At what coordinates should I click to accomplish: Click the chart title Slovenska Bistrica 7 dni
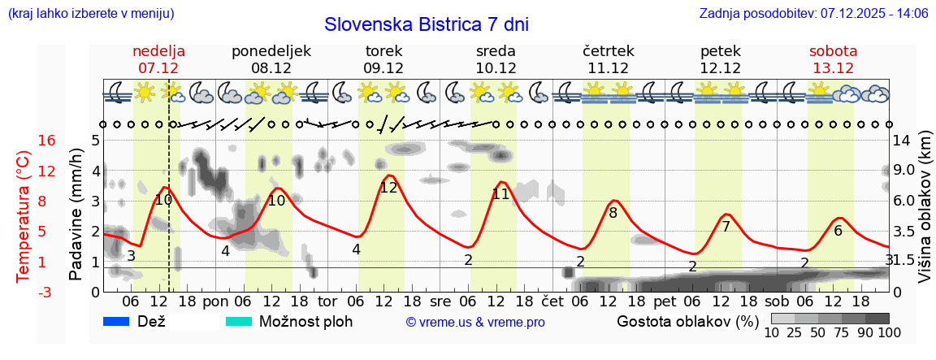pyautogui.click(x=426, y=24)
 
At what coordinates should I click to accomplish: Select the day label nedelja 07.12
pyautogui.click(x=158, y=59)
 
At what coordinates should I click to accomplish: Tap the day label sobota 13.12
pyautogui.click(x=833, y=59)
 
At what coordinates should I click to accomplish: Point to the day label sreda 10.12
pyautogui.click(x=496, y=59)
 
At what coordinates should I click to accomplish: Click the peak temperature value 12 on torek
pyautogui.click(x=388, y=188)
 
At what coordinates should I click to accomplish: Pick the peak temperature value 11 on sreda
pyautogui.click(x=500, y=194)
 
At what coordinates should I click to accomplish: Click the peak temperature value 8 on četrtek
pyautogui.click(x=613, y=214)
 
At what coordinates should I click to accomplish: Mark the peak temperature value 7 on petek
pyautogui.click(x=726, y=227)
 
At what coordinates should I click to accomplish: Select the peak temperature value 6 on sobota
pyautogui.click(x=838, y=231)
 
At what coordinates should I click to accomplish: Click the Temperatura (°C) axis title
pyautogui.click(x=24, y=216)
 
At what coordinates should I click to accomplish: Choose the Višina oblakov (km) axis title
pyautogui.click(x=924, y=216)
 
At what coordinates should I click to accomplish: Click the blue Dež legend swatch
pyautogui.click(x=117, y=322)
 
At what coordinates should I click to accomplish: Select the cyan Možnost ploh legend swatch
pyautogui.click(x=239, y=322)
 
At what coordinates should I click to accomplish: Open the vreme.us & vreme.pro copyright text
pyautogui.click(x=475, y=323)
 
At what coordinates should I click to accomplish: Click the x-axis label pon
pyautogui.click(x=215, y=300)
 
